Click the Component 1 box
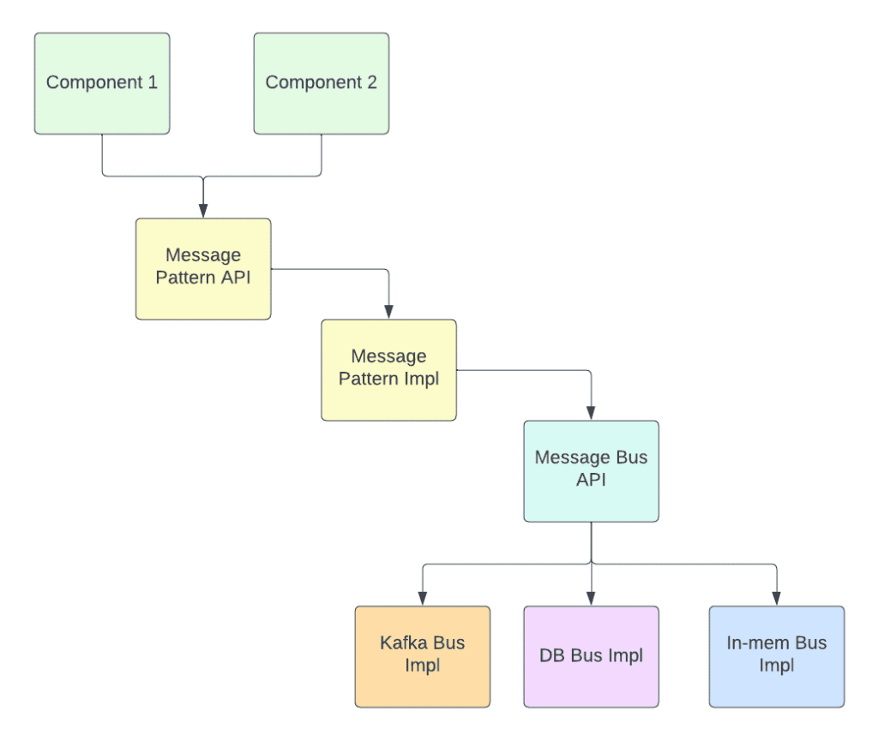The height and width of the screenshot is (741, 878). tap(102, 83)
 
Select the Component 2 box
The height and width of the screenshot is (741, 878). tap(322, 83)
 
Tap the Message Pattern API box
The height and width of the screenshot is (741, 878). tap(203, 269)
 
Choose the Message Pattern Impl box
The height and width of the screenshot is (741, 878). tap(388, 370)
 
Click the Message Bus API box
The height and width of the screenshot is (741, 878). tap(591, 470)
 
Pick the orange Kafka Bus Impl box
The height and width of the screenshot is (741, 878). tap(423, 656)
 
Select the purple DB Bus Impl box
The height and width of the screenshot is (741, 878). tap(591, 656)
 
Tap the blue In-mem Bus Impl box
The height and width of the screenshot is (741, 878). tap(776, 656)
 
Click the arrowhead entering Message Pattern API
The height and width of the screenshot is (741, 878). tap(203, 211)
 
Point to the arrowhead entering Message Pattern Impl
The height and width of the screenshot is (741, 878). tap(388, 312)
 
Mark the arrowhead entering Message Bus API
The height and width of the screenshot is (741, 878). tap(591, 413)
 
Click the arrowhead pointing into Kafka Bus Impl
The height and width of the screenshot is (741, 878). tap(423, 599)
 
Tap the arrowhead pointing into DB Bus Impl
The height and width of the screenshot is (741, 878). tap(591, 599)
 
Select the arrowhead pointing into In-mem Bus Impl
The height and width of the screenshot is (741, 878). tap(776, 599)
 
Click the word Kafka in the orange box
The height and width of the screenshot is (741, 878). tap(401, 642)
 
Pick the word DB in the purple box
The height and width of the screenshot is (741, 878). tap(553, 656)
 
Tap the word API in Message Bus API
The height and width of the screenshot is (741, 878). tap(591, 480)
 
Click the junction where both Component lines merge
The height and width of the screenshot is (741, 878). tap(203, 177)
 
